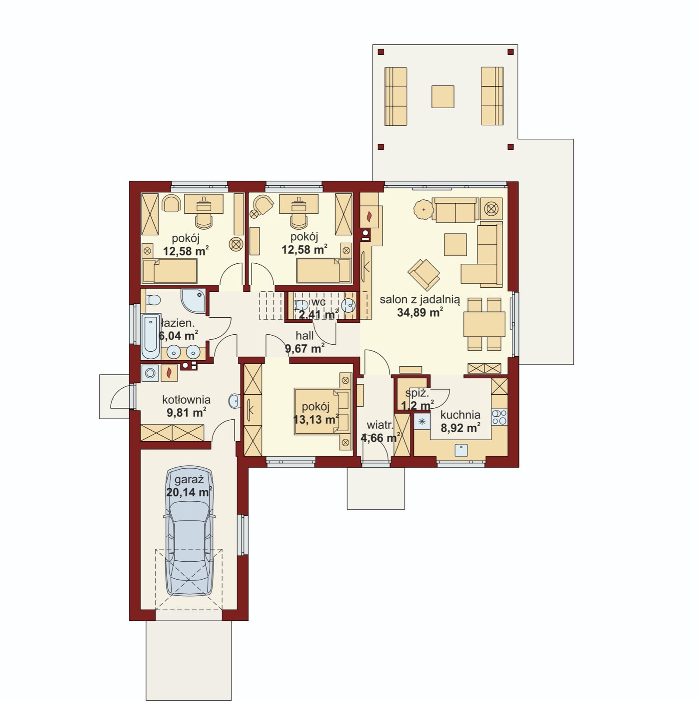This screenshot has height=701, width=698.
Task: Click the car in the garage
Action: point(190,530)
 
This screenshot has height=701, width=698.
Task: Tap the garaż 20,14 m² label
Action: point(189,486)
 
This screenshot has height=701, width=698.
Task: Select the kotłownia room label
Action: point(186,400)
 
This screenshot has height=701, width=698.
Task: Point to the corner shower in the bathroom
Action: point(193,300)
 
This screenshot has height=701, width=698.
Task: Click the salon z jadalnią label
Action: point(420,300)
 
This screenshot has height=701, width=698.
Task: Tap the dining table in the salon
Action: point(484,324)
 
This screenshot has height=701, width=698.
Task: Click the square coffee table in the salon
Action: point(455,244)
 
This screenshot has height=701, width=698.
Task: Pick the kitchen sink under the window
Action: point(461,450)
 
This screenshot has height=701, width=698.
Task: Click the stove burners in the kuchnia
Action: point(499,417)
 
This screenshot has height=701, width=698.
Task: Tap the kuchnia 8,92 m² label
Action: point(460,421)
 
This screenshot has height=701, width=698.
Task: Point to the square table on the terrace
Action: point(443,96)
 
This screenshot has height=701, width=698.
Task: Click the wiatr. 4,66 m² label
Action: point(380,431)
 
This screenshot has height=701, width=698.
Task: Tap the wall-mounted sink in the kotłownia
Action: point(233,400)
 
